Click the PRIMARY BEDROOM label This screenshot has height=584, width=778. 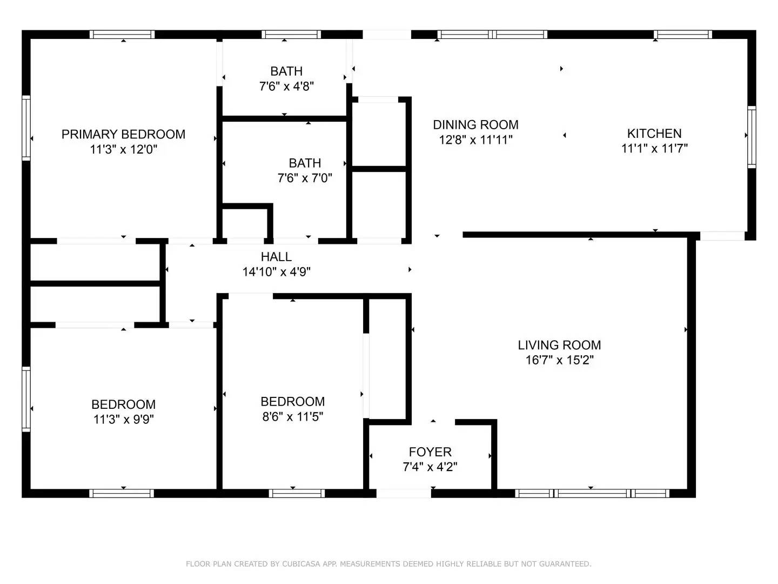coord(123,134)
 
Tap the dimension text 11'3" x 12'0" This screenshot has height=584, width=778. coord(123,149)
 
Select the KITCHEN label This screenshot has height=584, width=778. coord(654,133)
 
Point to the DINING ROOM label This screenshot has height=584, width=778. coord(475,125)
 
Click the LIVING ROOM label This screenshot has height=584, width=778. coord(559,345)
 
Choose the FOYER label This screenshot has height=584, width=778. coord(430,452)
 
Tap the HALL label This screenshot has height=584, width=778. coord(276,257)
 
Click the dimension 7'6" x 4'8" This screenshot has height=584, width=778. coord(286,86)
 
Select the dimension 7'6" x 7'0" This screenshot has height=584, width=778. coord(305,178)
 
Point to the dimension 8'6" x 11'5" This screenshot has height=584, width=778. coord(292,416)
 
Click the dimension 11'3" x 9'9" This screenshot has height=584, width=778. coord(123,419)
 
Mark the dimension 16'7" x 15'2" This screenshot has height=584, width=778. coord(559,360)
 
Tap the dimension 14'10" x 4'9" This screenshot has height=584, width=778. coord(276,272)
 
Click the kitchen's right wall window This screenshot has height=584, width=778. coord(752,136)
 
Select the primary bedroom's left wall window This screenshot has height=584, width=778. coord(26,128)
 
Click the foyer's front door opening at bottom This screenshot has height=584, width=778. coord(403,493)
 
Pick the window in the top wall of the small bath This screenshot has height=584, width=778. coord(291,35)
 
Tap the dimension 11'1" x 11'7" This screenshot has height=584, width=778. coord(654,148)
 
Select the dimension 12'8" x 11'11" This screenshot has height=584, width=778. coord(475,140)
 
